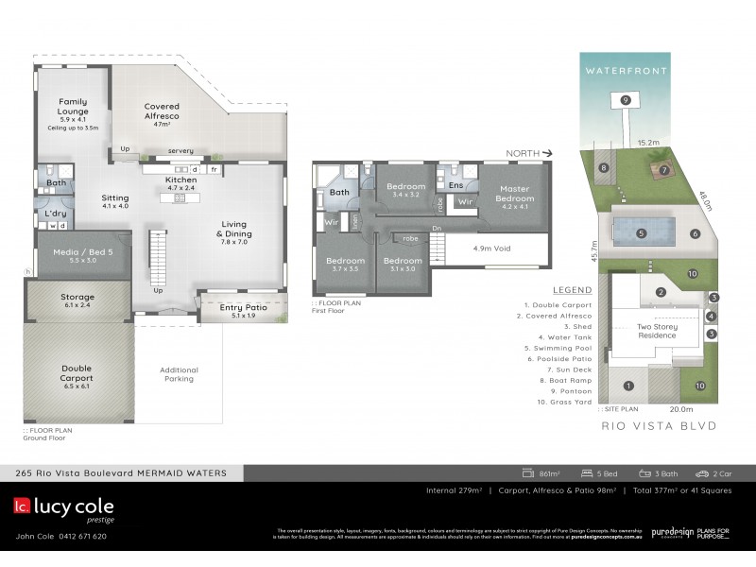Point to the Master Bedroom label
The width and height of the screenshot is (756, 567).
tap(515, 194)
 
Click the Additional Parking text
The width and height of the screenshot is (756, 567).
tap(179, 374)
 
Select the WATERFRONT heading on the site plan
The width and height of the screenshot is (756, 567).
tap(625, 71)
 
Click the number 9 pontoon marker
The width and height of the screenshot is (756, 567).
tap(624, 100)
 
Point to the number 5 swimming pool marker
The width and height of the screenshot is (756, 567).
tap(641, 232)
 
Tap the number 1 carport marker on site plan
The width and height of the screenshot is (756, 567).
tap(627, 385)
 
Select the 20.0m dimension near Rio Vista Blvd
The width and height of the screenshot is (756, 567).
tap(680, 409)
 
